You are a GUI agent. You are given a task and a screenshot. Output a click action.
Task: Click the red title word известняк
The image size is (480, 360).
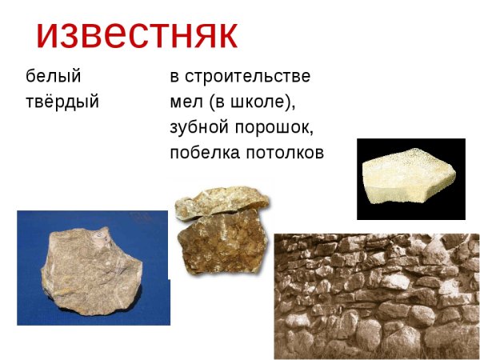[x=137, y=33]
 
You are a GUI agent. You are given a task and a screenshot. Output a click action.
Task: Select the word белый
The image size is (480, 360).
[x=54, y=77]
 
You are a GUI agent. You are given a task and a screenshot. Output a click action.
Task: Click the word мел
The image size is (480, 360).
[x=186, y=102]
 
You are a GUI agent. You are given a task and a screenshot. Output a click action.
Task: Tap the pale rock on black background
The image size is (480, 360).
[x=408, y=178]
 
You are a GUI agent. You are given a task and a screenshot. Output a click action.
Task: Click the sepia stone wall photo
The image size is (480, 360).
[x=376, y=296]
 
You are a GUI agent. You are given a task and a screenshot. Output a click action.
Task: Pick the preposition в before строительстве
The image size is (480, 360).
[x=174, y=77]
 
